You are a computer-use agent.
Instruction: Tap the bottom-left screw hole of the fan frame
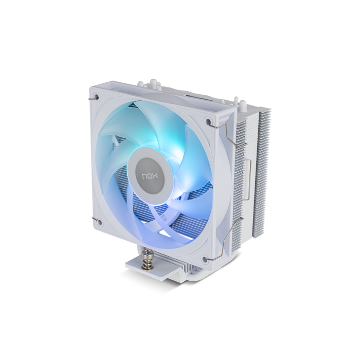pyautogui.click(x=99, y=222)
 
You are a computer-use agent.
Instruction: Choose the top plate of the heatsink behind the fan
pyautogui.click(x=195, y=95)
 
